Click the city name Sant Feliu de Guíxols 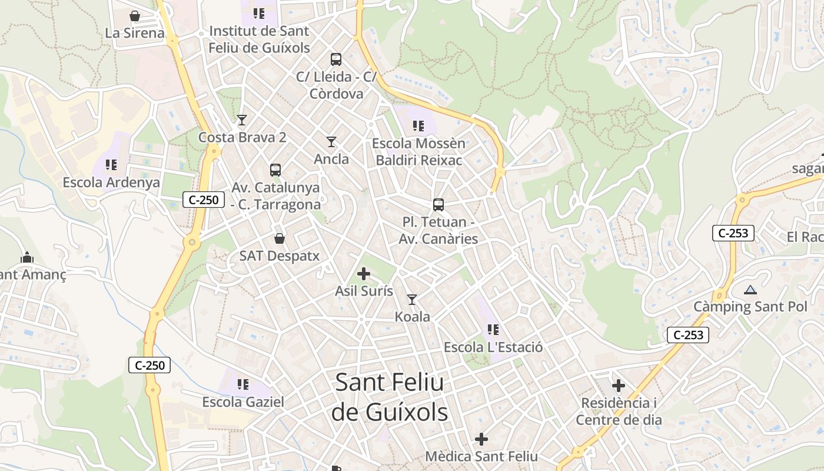389,397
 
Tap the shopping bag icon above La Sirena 135,16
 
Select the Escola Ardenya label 111,182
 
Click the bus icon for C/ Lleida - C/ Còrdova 336,59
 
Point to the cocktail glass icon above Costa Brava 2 241,120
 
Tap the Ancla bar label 331,159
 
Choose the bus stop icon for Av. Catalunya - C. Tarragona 275,170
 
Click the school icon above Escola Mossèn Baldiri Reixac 418,125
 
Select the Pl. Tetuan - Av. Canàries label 438,230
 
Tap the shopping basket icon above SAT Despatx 280,238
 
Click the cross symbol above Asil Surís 364,274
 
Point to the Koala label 412,317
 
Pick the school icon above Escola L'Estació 493,330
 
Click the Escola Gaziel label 243,402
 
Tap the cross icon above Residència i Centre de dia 619,386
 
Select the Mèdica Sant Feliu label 481,456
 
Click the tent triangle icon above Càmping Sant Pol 750,290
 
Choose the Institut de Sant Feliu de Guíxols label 259,39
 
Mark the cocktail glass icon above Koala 412,300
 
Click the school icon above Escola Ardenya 111,165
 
